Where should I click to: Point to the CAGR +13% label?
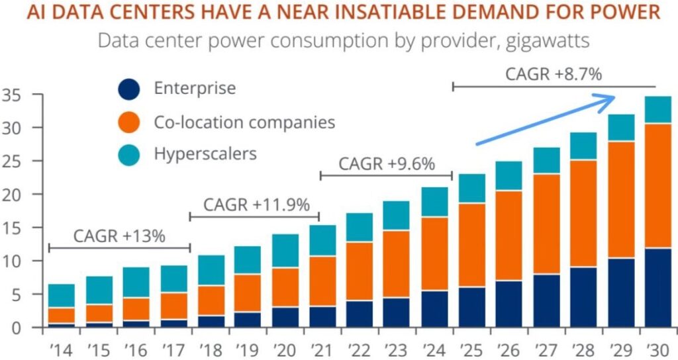(x=119, y=236)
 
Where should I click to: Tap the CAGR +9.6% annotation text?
(x=387, y=163)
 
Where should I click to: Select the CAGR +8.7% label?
(x=554, y=74)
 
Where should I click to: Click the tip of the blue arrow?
(x=614, y=98)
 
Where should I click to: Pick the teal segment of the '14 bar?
(x=62, y=296)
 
